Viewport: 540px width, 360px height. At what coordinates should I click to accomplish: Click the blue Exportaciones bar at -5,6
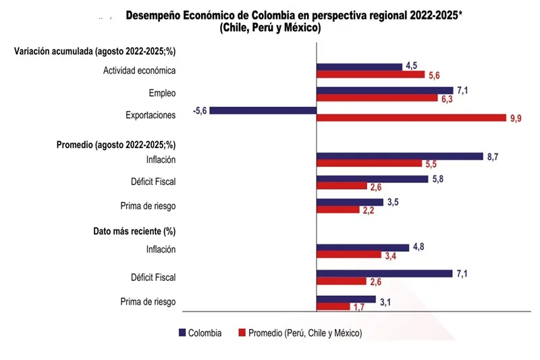263,110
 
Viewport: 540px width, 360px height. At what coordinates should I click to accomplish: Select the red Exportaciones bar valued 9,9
411,118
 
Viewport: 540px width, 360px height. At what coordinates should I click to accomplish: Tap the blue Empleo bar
385,90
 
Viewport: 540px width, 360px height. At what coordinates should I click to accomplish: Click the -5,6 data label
200,110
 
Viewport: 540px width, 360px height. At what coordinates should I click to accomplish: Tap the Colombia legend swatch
182,333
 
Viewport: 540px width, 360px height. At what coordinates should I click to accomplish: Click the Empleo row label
162,93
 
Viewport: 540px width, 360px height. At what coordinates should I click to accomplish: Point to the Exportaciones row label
151,115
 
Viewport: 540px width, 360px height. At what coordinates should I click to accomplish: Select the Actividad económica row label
139,71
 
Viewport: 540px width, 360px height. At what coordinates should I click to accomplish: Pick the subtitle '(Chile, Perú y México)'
269,28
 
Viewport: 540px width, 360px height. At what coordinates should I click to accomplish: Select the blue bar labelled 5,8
372,179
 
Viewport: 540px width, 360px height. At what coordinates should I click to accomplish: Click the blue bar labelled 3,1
346,299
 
